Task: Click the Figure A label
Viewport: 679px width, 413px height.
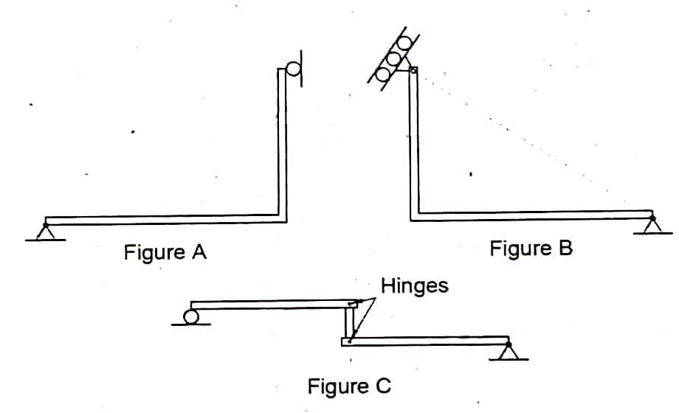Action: tap(165, 252)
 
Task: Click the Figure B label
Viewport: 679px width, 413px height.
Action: tap(531, 249)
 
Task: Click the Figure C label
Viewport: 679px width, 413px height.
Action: tap(349, 385)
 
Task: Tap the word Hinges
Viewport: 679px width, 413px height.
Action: tap(415, 285)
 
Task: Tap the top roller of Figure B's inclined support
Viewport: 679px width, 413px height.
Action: tap(404, 43)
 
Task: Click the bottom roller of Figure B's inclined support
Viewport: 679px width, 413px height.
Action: tap(384, 74)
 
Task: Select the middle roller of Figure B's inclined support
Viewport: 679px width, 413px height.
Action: tap(394, 58)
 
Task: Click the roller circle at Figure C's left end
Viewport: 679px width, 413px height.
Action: tap(191, 316)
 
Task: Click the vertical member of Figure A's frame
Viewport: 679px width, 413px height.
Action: tap(282, 147)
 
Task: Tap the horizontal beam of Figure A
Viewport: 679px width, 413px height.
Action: tap(162, 219)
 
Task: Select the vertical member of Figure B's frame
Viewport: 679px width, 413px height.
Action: tap(414, 147)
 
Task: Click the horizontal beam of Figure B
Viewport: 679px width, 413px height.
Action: tap(531, 215)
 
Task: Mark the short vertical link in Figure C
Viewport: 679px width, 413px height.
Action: tap(348, 322)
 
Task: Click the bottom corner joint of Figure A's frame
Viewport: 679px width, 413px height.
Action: tap(282, 218)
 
